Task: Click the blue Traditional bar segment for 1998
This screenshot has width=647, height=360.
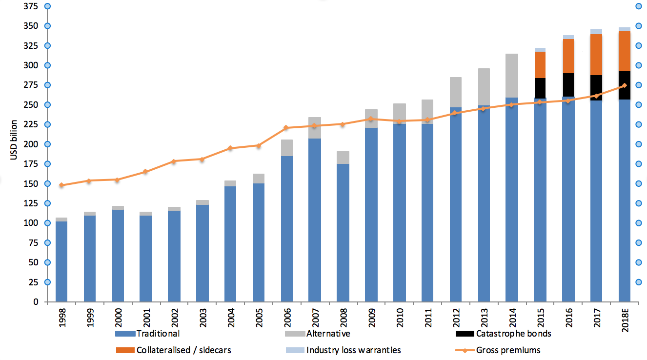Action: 61,261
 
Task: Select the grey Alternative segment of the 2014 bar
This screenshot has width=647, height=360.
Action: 512,76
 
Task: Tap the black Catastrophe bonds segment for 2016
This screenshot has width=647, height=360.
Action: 568,85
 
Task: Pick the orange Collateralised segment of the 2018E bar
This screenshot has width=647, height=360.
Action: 625,51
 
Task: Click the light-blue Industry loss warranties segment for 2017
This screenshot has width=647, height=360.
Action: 596,32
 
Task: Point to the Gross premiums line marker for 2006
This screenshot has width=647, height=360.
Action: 286,128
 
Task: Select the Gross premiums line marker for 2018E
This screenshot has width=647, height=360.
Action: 625,85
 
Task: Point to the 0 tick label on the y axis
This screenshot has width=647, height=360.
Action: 35,302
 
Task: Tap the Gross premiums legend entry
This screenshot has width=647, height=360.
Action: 508,350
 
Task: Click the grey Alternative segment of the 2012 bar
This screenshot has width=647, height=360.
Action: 455,92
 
